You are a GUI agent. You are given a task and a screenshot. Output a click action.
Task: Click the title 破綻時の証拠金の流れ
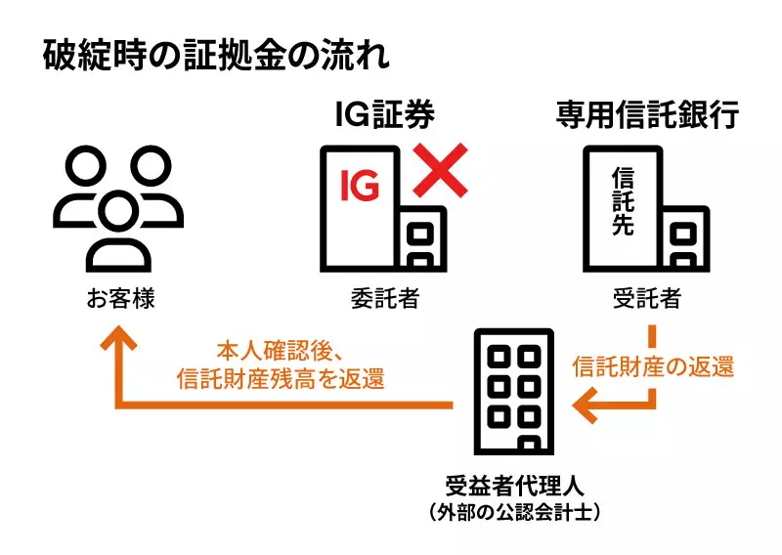pos(215,55)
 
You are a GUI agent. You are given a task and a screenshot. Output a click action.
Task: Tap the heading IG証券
pos(384,114)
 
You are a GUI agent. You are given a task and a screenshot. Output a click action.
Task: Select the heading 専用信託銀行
pos(647,114)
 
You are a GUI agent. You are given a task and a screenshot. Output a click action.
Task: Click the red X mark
pos(441,170)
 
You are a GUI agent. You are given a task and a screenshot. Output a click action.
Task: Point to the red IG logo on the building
pos(360,185)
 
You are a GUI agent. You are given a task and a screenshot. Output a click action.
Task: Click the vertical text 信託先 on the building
pos(623,201)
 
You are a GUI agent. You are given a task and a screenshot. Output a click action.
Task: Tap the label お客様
pos(120,299)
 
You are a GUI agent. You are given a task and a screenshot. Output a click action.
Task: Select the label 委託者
pos(384,299)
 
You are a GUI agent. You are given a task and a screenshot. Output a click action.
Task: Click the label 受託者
pos(647,299)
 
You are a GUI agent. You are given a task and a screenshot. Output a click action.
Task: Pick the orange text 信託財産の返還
pos(653,366)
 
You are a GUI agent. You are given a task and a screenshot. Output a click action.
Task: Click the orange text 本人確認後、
pos(280,352)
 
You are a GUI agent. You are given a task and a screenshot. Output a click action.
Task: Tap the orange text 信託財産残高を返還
pos(281,379)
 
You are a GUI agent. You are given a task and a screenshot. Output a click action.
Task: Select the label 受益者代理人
pos(514,486)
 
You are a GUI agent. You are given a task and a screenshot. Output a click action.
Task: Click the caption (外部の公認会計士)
pos(514,512)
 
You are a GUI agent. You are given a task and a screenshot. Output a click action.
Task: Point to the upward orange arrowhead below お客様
pos(118,338)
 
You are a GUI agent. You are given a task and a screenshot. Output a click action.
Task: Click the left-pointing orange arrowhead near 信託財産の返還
pos(586,405)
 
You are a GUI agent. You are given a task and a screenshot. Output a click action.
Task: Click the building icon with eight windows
pos(514,392)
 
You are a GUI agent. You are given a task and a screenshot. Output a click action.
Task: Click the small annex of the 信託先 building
pos(686,238)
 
